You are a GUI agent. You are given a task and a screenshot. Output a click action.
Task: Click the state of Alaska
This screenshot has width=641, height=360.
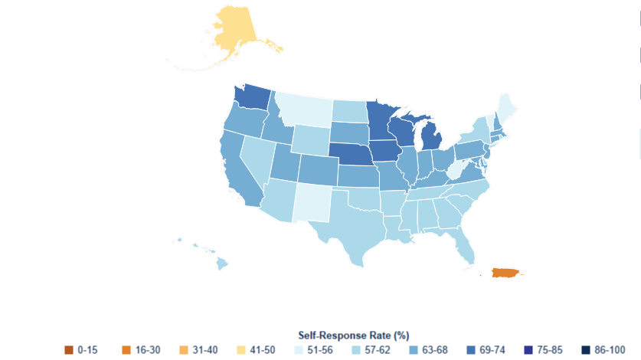pos(237,34)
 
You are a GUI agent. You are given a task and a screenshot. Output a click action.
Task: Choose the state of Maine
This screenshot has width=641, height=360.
pos(506,103)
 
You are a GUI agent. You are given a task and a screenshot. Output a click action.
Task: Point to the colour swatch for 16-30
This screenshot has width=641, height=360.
pos(124,350)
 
